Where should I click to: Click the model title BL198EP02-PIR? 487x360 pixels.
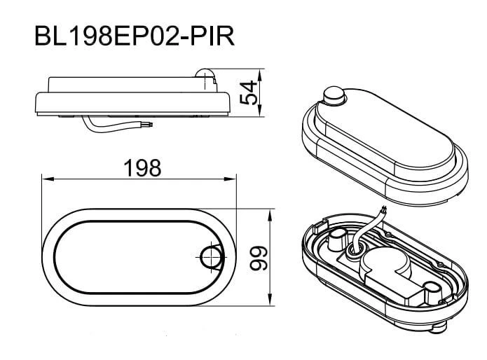(135, 36)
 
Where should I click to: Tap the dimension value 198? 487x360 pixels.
(142, 168)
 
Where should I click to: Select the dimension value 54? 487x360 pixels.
(249, 92)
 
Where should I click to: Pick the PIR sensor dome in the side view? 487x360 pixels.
(205, 74)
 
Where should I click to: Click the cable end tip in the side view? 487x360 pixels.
(151, 125)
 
